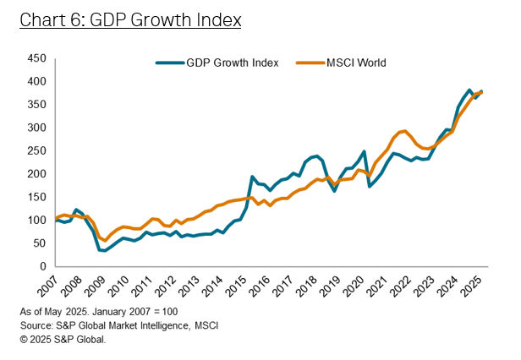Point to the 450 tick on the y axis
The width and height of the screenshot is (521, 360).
[36, 58]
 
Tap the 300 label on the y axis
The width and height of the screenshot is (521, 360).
[36, 128]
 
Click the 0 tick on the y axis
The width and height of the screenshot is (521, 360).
[42, 266]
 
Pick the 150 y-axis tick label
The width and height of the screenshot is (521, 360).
[36, 197]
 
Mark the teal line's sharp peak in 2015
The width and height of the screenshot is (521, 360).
[252, 177]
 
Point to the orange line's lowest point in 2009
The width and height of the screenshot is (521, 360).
[106, 241]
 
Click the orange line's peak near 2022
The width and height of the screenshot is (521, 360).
[405, 131]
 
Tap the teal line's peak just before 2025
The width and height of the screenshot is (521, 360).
[469, 90]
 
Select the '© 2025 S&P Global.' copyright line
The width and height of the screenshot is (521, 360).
[64, 339]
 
